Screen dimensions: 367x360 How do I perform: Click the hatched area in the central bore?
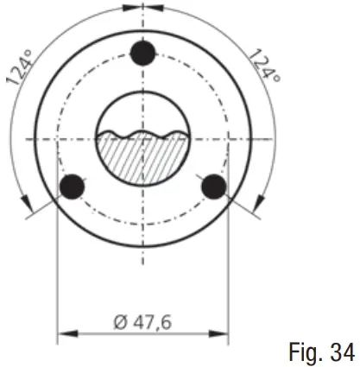142,160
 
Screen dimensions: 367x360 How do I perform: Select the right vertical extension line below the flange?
229,276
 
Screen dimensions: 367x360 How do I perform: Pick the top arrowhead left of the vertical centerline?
129,7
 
